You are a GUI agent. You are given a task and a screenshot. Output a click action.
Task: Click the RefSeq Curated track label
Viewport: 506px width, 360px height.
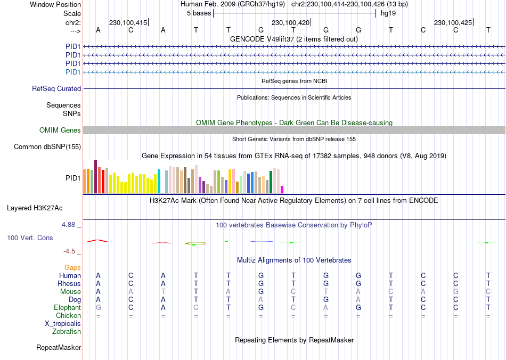pos(56,89)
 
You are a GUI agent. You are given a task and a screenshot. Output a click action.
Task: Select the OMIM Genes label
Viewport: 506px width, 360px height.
pos(60,130)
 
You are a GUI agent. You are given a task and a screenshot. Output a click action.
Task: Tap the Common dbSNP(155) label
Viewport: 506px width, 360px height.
pos(47,147)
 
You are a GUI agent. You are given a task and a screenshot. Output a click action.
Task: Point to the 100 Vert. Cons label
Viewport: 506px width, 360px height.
pos(30,238)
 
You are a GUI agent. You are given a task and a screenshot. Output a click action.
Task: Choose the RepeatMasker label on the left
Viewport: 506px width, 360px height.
pos(59,348)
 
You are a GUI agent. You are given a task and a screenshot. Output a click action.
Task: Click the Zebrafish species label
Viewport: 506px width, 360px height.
pos(67,332)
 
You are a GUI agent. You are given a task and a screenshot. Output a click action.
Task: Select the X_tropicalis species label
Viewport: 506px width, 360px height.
pos(63,324)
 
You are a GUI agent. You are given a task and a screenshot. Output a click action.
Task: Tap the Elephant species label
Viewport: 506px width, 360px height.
pos(67,308)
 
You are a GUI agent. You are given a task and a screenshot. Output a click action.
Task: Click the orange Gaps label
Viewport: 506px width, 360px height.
pos(72,267)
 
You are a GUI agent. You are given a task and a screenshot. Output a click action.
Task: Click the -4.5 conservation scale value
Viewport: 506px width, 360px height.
pos(72,251)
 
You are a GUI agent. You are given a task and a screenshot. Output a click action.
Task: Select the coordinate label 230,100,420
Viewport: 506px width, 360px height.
pos(290,23)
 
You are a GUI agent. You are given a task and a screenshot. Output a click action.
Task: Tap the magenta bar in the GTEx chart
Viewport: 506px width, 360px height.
pos(282,189)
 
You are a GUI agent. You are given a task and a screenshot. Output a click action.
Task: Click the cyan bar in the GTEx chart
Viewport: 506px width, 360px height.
pos(159,181)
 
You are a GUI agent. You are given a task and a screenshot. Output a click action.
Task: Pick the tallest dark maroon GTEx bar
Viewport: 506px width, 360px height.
pos(95,176)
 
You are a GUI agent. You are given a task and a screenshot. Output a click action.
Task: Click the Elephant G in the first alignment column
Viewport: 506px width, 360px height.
pos(98,308)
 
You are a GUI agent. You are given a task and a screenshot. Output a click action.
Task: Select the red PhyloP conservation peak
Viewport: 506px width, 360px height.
pos(98,241)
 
